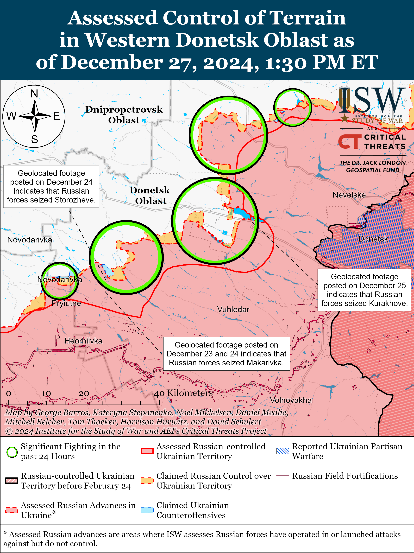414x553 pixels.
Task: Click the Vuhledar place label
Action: (x=233, y=310)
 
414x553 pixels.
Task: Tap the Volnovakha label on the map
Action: (x=291, y=400)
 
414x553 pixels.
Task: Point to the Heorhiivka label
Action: (x=83, y=341)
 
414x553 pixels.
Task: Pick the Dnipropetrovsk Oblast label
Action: (x=124, y=115)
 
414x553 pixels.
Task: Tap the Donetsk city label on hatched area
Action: (x=373, y=239)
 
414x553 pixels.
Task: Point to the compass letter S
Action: (x=34, y=139)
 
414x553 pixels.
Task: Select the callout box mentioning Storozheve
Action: (x=51, y=186)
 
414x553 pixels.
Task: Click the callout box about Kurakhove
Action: (x=364, y=290)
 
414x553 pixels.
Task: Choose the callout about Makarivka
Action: (x=226, y=354)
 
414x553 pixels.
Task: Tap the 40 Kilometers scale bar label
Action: (x=183, y=393)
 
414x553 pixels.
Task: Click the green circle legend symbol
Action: (x=12, y=452)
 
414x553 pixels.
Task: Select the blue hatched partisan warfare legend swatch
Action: (x=283, y=451)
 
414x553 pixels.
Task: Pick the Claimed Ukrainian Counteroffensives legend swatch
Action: (x=147, y=510)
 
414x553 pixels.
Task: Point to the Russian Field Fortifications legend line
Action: (x=283, y=476)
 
